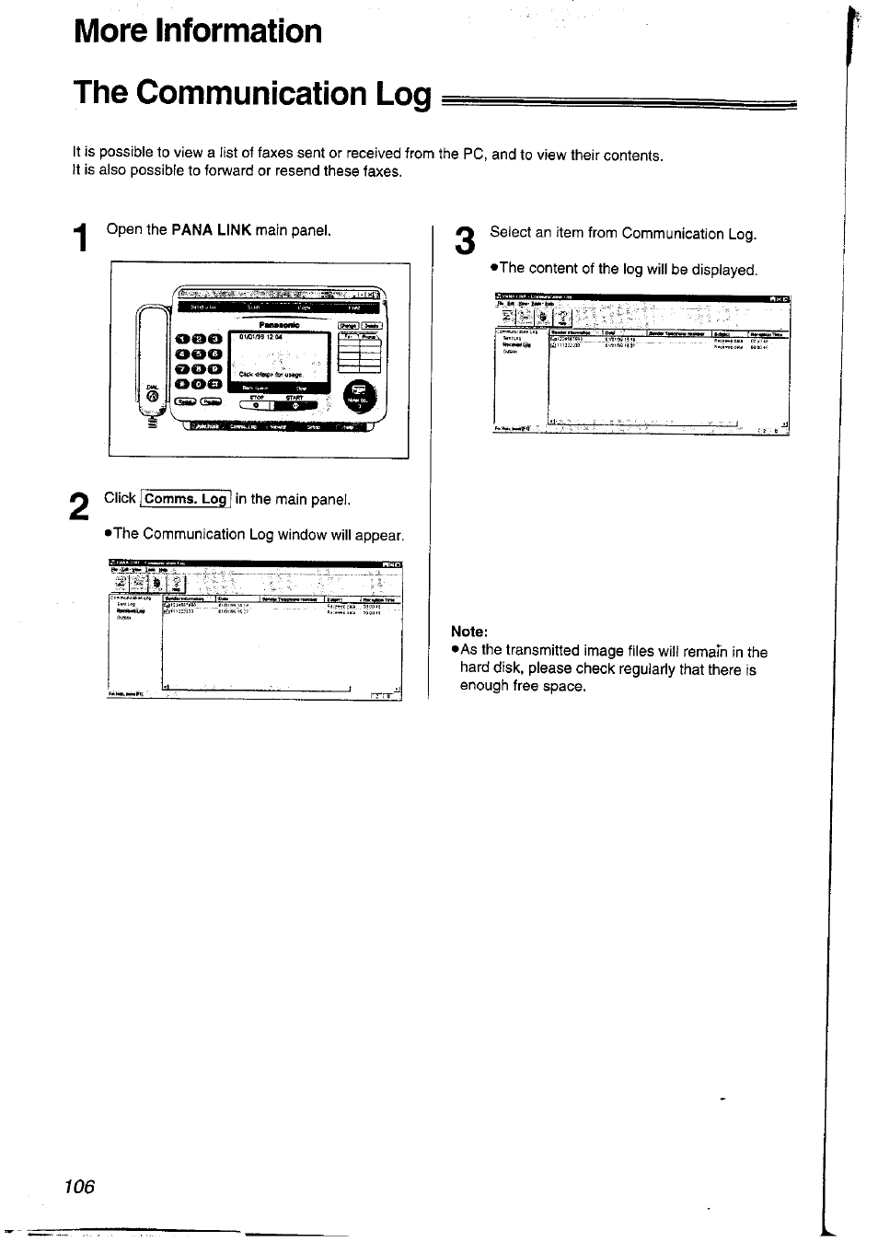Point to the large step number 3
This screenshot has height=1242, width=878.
click(x=466, y=241)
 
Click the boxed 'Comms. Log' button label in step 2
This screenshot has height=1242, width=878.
click(x=186, y=499)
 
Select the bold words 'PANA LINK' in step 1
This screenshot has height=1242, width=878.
click(x=212, y=229)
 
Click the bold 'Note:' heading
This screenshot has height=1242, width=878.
click(x=468, y=632)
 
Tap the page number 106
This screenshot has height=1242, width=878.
click(x=80, y=1186)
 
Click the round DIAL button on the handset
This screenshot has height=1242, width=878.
click(x=153, y=397)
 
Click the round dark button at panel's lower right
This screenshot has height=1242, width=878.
click(x=359, y=397)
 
